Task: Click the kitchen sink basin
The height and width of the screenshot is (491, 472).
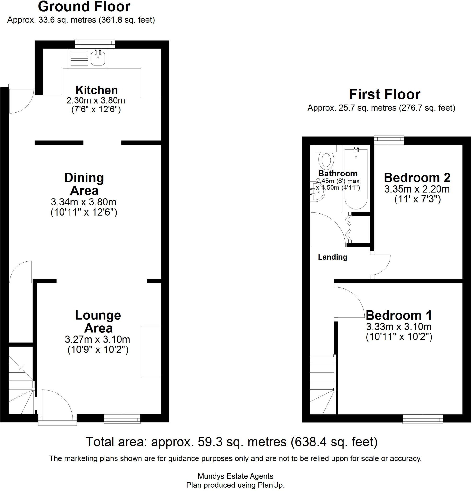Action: pyautogui.click(x=98, y=58)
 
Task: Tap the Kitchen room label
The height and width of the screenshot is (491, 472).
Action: pyautogui.click(x=96, y=90)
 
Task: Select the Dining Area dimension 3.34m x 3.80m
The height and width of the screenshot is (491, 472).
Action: pyautogui.click(x=83, y=202)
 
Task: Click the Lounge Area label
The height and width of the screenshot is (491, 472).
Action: pyautogui.click(x=98, y=321)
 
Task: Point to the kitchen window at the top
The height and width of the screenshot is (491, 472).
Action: pyautogui.click(x=95, y=44)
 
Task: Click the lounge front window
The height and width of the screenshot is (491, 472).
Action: pyautogui.click(x=122, y=419)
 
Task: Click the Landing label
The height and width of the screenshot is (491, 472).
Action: pyautogui.click(x=332, y=257)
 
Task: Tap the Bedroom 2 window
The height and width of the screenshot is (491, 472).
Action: pyautogui.click(x=389, y=140)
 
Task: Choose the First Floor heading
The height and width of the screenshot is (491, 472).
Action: pyautogui.click(x=384, y=94)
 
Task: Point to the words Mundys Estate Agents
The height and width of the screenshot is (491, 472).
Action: pyautogui.click(x=235, y=476)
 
